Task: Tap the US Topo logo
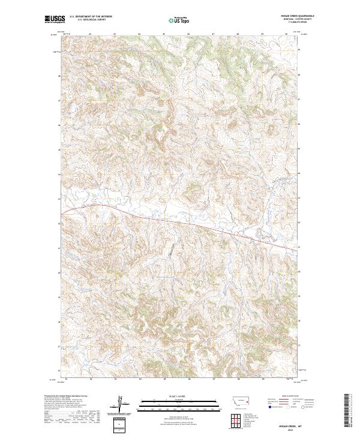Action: coord(174,20)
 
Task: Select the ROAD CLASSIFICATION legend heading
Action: coord(290,397)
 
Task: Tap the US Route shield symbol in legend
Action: coord(289,407)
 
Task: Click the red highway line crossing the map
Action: coord(180,223)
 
